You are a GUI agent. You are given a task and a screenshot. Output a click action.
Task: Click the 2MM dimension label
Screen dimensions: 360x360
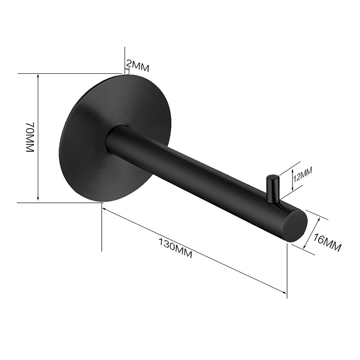click(137, 67)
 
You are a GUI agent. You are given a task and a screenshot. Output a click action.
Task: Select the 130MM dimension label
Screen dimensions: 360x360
click(175, 247)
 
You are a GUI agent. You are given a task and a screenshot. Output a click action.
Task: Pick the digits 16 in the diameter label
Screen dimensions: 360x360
click(319, 238)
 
